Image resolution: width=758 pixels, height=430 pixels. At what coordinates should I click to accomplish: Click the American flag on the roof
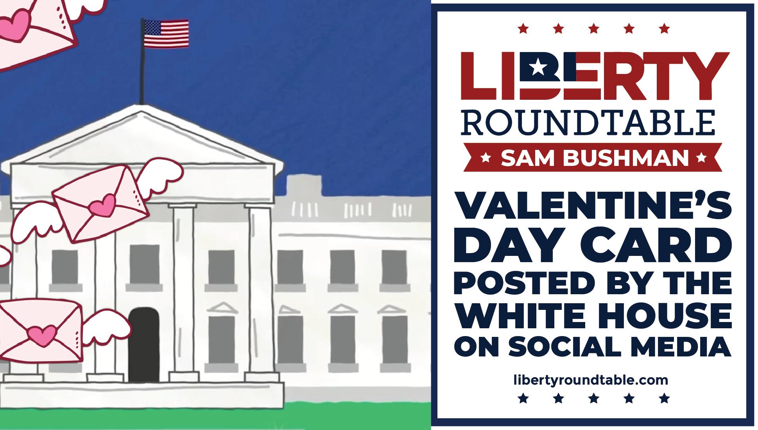(166, 34)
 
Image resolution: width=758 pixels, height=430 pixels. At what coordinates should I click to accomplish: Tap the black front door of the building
(144, 344)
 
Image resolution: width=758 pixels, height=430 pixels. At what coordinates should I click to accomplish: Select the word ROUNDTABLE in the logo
(588, 123)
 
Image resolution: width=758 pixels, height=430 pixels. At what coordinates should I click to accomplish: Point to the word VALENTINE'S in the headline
(593, 207)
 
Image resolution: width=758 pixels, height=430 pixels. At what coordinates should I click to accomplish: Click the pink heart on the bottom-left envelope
(41, 333)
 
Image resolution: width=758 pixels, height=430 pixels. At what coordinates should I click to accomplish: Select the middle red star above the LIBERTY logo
(593, 29)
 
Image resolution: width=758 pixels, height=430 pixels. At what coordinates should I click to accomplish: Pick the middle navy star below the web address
(593, 398)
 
